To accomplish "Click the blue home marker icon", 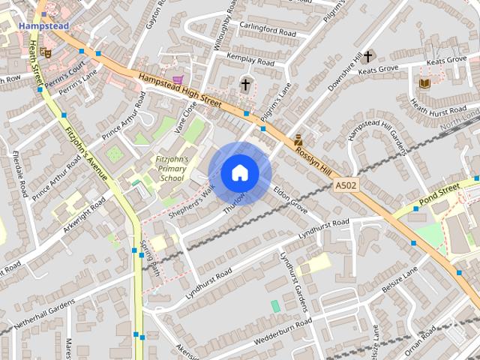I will (240, 172).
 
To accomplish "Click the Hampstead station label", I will (43, 25).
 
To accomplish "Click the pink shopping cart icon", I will (177, 79).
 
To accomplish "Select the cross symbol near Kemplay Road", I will (245, 85).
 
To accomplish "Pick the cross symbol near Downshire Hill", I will (368, 56).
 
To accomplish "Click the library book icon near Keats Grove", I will (425, 83).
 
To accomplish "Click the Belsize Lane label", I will (400, 280).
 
